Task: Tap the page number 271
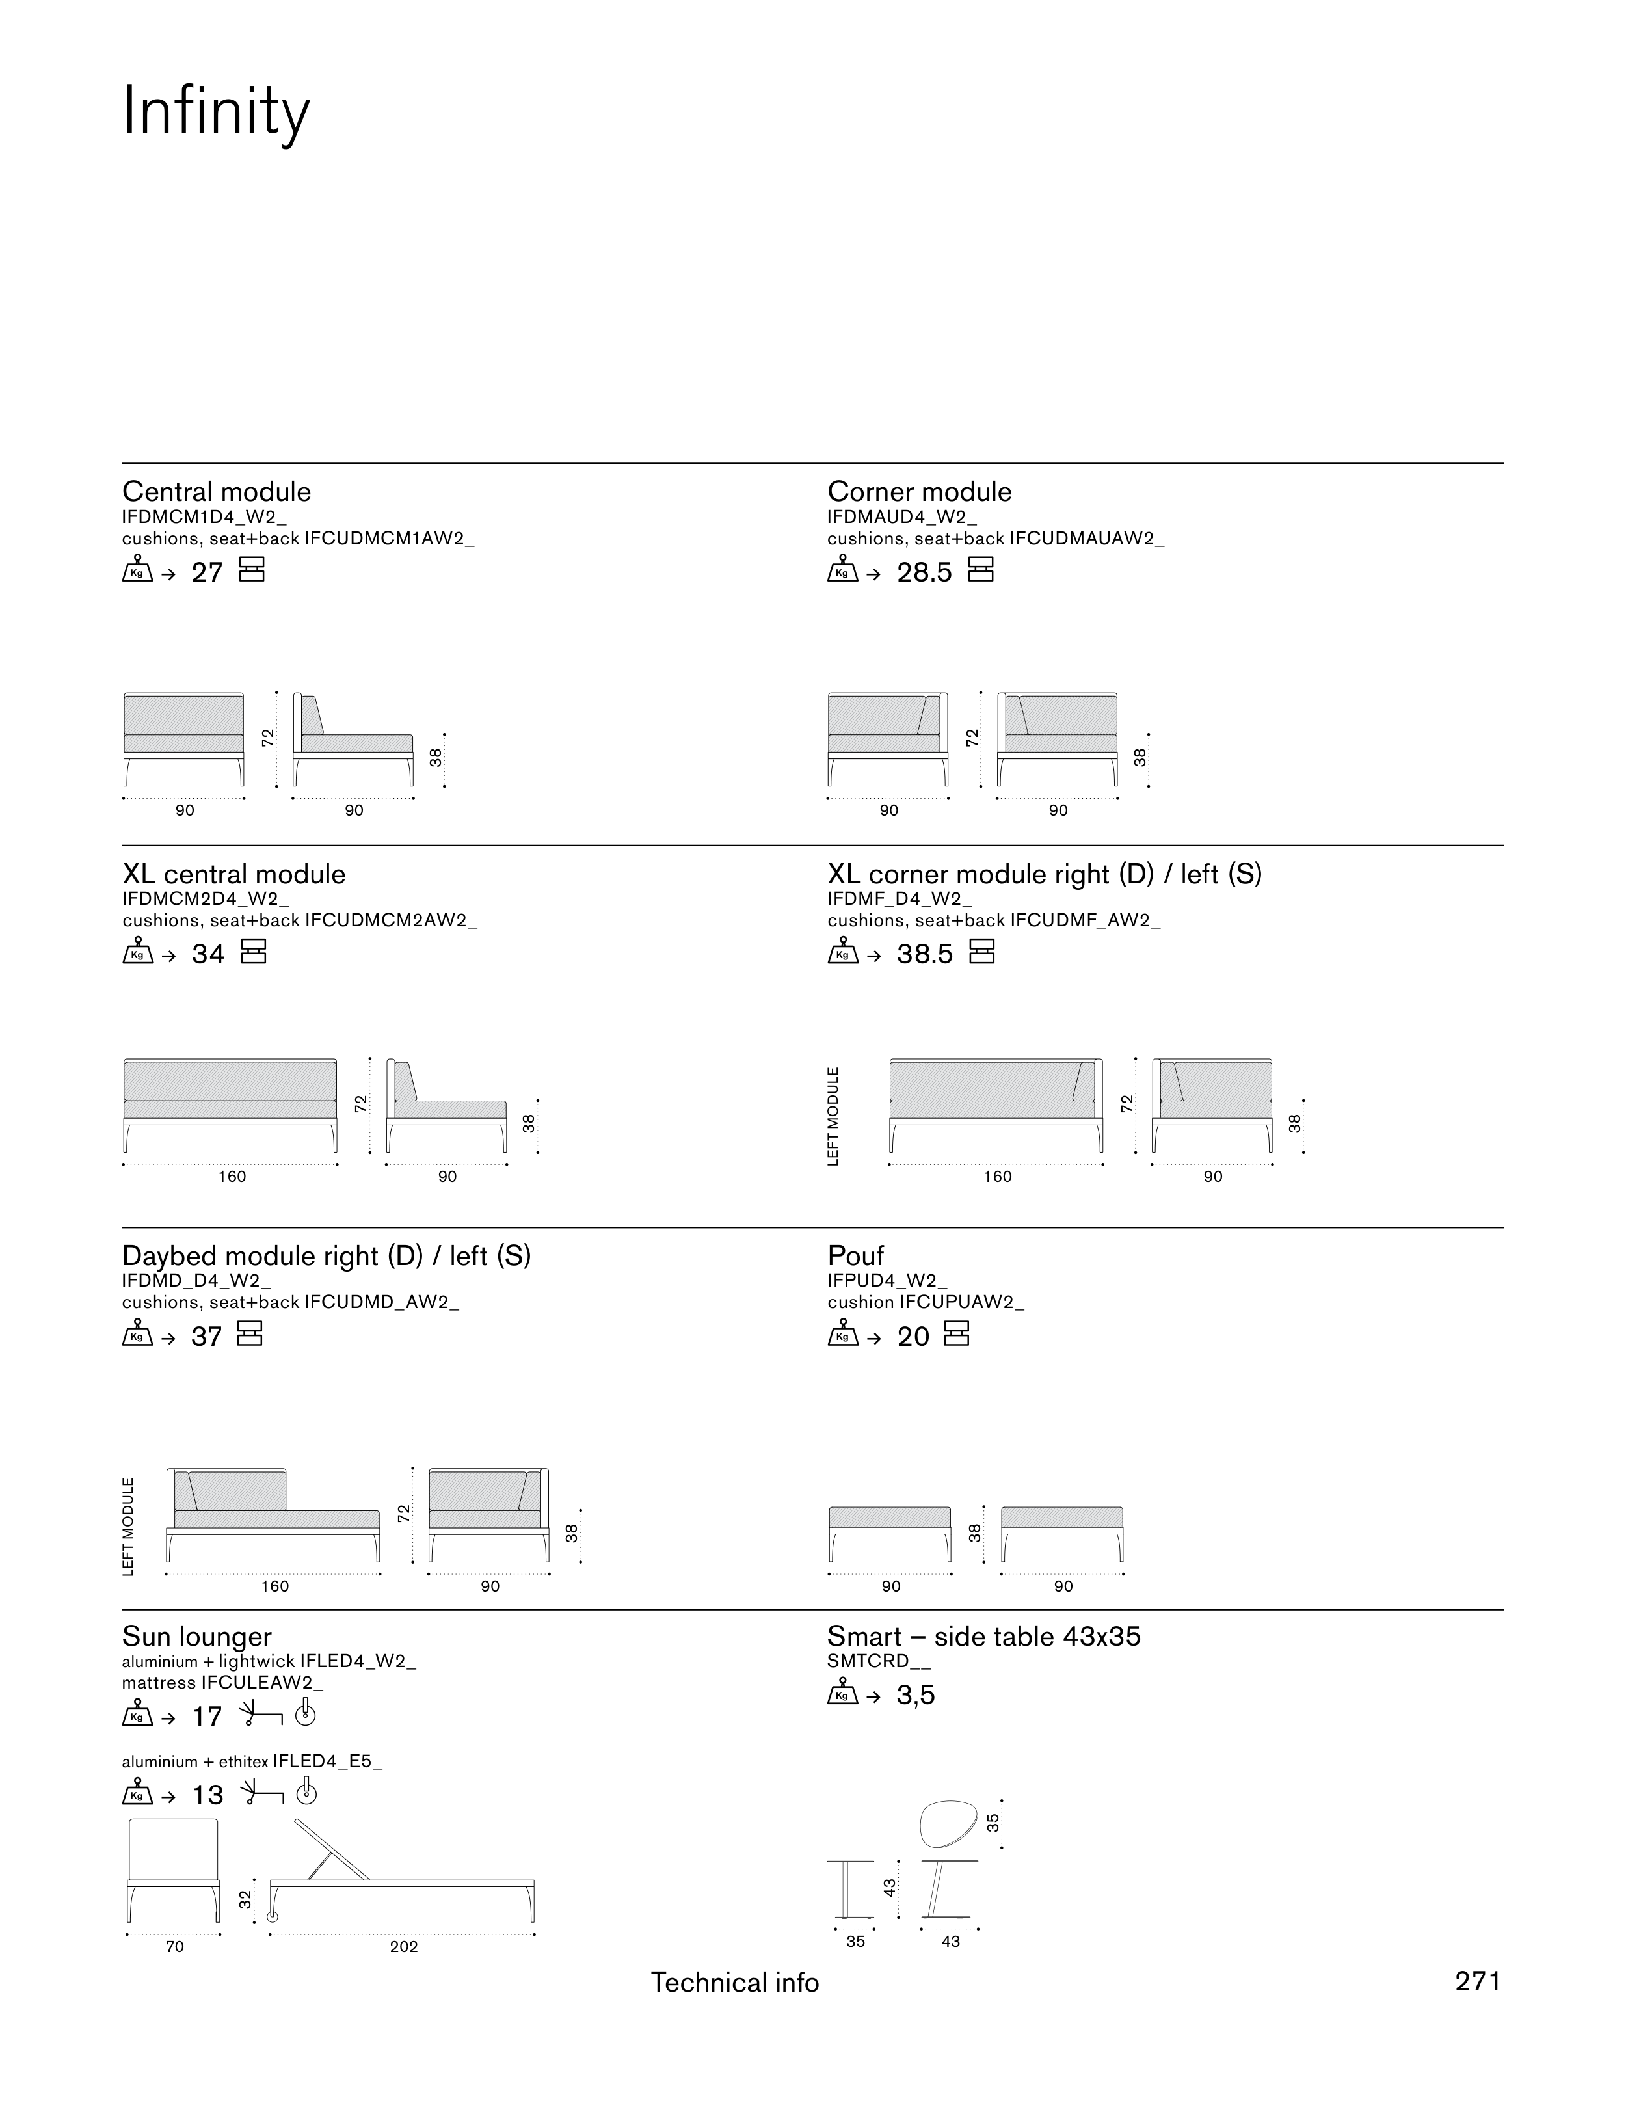tap(1478, 1981)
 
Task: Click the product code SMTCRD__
tap(868, 1661)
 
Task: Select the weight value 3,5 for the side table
tap(916, 1696)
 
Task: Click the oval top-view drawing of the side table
tap(948, 1824)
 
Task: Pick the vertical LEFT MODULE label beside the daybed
tap(129, 1527)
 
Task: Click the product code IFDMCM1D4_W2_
tap(204, 517)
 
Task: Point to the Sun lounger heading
tap(198, 1637)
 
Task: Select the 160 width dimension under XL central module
tap(232, 1177)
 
